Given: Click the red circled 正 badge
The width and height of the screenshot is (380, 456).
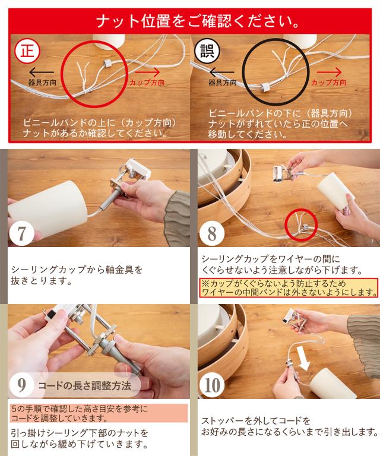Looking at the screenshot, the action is pos(27,52).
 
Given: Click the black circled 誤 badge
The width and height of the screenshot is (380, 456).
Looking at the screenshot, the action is pos(207,52).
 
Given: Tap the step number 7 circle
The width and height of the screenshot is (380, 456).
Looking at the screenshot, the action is pos(22,233).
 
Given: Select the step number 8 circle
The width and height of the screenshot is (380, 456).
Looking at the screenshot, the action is pos(212,233).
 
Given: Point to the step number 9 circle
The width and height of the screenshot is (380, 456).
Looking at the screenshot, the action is pos(22,385).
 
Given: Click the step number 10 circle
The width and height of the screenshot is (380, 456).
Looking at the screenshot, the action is pos(212,385).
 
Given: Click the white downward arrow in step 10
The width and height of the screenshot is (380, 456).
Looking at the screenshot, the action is pos(303,359).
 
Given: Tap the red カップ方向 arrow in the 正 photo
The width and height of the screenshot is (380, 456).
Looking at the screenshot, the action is pos(147,72).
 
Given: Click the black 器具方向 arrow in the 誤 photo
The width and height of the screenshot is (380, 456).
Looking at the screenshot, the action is pos(222,72).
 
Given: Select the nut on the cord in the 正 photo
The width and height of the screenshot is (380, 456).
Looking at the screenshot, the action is pos(107,64).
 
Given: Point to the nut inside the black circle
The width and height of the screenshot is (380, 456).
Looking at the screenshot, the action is pos(265,88).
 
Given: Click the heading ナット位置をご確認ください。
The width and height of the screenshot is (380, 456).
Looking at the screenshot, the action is pos(198,22).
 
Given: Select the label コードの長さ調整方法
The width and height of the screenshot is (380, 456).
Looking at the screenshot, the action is pos(84,386).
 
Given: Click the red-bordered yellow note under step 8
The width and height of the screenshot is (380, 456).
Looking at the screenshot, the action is pos(289,287).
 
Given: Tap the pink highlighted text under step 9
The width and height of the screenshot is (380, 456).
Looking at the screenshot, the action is pos(99,413).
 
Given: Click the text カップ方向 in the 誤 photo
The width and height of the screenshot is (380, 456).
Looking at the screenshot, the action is pos(329,83).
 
